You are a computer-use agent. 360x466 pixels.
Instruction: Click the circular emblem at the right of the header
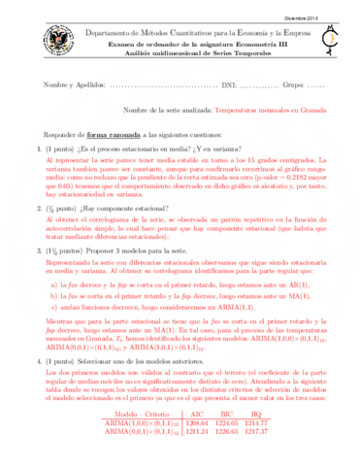pos(328,43)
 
